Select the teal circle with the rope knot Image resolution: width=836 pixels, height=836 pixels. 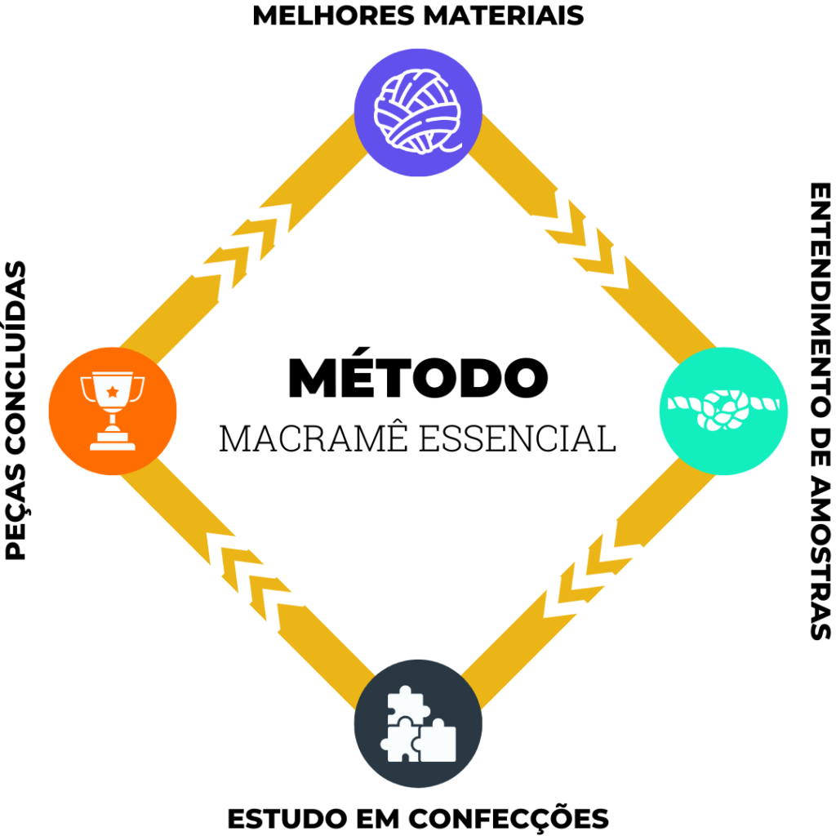click(723, 411)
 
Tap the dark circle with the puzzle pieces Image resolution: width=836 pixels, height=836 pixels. click(418, 723)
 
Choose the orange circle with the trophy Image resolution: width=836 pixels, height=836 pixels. click(113, 411)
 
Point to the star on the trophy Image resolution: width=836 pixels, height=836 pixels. click(112, 391)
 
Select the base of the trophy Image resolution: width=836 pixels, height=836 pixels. click(113, 443)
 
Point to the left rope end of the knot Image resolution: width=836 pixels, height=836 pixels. click(683, 404)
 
